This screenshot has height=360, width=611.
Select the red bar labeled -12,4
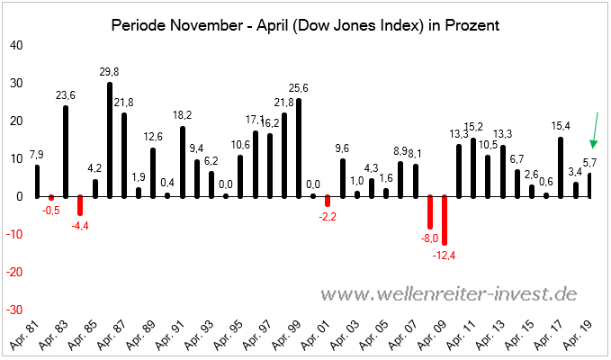(x=445, y=220)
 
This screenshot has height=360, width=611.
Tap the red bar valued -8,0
(x=430, y=211)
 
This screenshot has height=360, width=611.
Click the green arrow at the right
(x=596, y=130)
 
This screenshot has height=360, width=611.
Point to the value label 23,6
(x=65, y=94)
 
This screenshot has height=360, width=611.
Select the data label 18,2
(x=182, y=115)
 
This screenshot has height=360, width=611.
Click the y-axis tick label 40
(x=17, y=46)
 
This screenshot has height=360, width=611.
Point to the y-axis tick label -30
(x=14, y=309)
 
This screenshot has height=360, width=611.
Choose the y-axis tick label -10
(x=14, y=234)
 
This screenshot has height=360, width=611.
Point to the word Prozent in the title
(x=472, y=25)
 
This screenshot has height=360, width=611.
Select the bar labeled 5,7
(x=590, y=184)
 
